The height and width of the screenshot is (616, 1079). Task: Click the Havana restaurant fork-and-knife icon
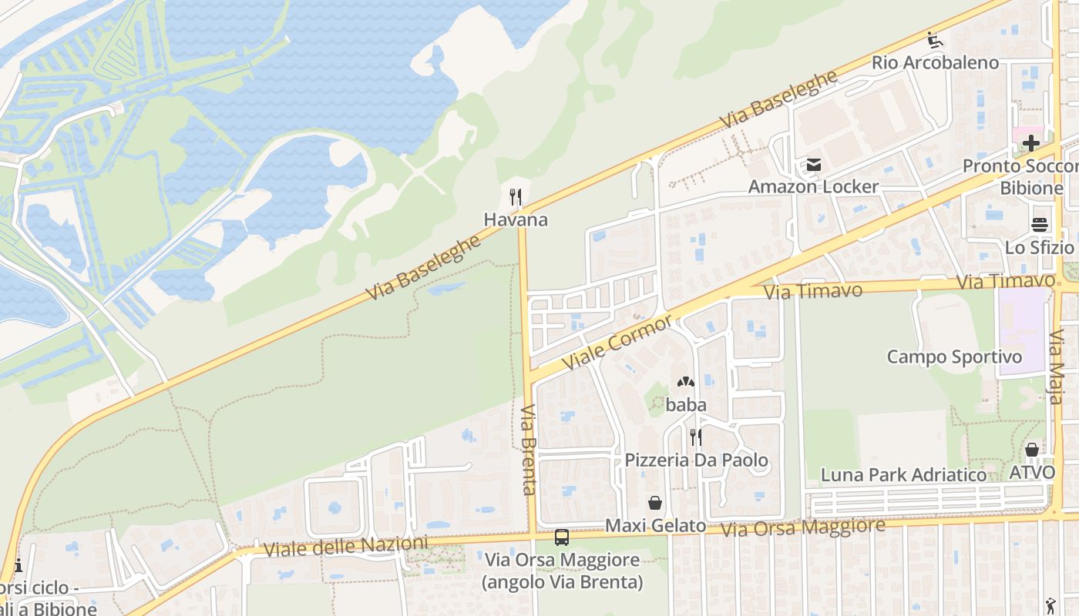[516, 197]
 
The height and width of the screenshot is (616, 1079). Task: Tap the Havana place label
[516, 219]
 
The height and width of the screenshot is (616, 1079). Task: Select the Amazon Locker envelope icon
[813, 164]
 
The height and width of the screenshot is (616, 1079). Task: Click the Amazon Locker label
[813, 186]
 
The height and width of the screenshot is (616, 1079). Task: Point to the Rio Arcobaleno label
[935, 62]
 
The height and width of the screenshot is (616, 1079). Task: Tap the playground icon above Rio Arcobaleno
[935, 40]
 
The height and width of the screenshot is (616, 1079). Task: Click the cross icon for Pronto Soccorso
[1031, 143]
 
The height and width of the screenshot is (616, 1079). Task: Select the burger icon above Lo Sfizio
[1039, 225]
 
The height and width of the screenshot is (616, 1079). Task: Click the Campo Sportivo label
[954, 357]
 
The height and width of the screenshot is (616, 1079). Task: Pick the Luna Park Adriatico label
[903, 474]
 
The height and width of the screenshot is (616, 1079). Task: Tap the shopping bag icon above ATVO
[1032, 450]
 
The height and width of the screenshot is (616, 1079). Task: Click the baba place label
[686, 404]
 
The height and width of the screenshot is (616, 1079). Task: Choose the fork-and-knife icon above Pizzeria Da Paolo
[696, 437]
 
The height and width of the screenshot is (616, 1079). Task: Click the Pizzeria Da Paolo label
[696, 460]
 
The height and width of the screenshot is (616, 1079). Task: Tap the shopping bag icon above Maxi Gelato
[655, 503]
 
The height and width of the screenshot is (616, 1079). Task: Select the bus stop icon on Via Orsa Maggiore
[562, 537]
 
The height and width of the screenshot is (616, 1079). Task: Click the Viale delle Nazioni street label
[345, 547]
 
